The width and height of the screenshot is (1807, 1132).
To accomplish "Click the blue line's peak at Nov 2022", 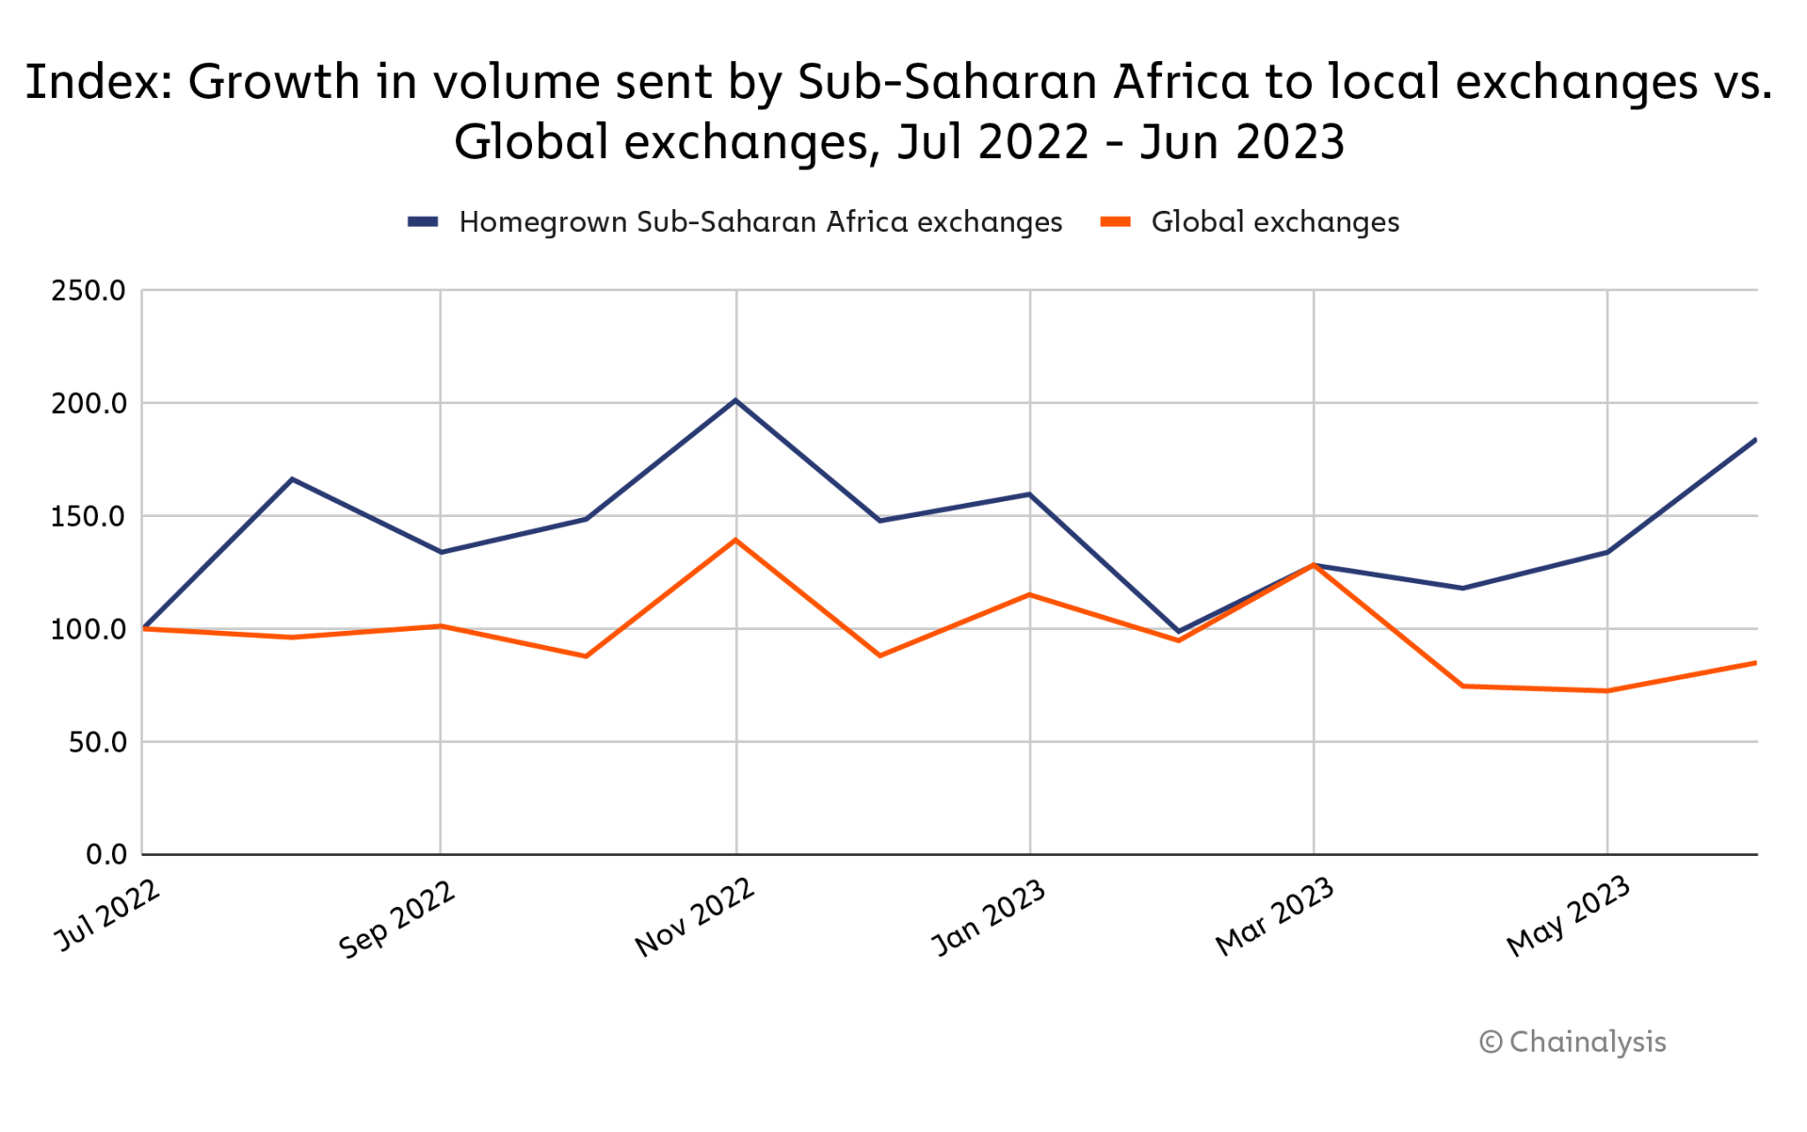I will [736, 401].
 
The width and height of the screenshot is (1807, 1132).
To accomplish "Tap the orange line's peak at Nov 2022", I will [736, 539].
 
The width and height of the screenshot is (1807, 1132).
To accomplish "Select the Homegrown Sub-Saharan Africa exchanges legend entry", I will [735, 222].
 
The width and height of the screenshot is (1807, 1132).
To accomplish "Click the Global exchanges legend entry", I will [1250, 222].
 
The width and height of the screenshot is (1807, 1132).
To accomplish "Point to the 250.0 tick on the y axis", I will [88, 290].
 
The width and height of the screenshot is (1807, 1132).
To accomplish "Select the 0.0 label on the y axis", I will [106, 854].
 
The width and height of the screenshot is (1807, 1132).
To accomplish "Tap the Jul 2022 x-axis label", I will [109, 915].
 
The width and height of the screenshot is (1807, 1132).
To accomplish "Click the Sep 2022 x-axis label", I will [398, 918].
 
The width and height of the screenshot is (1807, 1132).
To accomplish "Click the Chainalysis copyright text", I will [1573, 1042].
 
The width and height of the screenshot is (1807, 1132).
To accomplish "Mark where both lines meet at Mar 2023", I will [1314, 565].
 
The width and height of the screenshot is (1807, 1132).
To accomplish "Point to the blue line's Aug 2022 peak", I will [292, 479].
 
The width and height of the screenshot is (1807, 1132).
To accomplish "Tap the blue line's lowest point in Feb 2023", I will [1178, 632].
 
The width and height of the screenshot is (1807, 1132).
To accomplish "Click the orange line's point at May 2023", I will [1607, 691].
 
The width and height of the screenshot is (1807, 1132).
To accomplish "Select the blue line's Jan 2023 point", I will [1030, 494].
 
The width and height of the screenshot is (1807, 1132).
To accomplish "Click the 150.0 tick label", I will [88, 516].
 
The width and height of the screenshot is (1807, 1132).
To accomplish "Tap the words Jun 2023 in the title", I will [1242, 142].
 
